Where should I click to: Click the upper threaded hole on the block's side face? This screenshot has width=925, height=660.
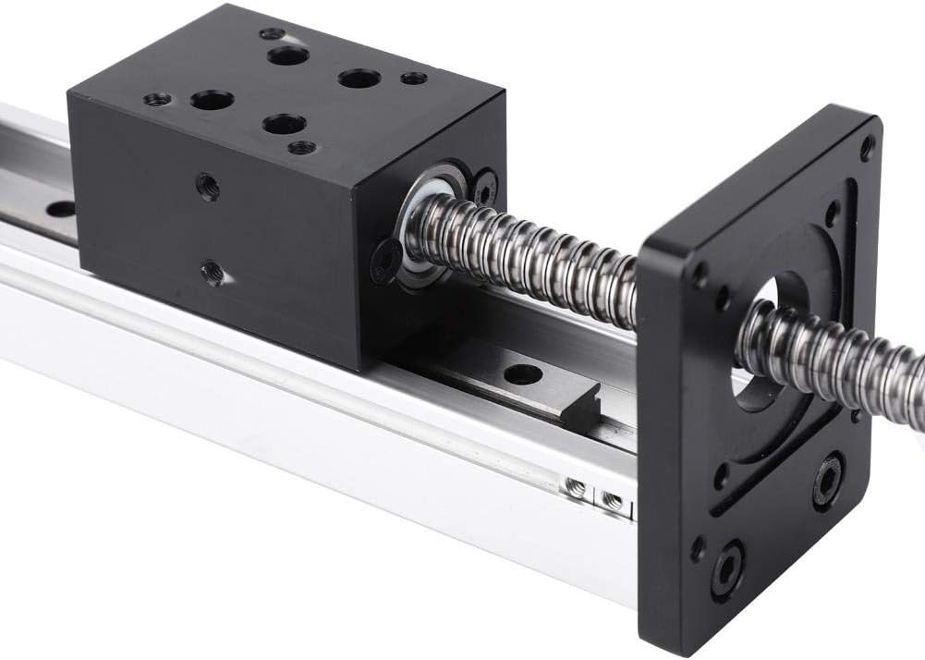pyautogui.click(x=208, y=187)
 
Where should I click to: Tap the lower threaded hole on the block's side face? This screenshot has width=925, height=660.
pyautogui.click(x=212, y=272)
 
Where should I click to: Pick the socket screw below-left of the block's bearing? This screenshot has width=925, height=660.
pyautogui.click(x=385, y=262)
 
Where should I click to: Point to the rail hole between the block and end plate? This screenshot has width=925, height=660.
pyautogui.click(x=523, y=374)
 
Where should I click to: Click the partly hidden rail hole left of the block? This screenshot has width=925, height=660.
pyautogui.click(x=61, y=209)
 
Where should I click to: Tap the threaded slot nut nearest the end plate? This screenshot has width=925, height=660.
pyautogui.click(x=612, y=501)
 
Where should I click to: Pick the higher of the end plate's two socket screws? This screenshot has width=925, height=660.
pyautogui.click(x=828, y=479)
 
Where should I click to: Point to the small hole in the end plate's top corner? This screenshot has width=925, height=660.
pyautogui.click(x=866, y=146)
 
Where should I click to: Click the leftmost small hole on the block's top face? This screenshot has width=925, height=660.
pyautogui.click(x=156, y=99)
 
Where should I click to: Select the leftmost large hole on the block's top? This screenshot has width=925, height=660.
pyautogui.click(x=212, y=100)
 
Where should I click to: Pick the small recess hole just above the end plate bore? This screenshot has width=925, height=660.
pyautogui.click(x=831, y=214)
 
